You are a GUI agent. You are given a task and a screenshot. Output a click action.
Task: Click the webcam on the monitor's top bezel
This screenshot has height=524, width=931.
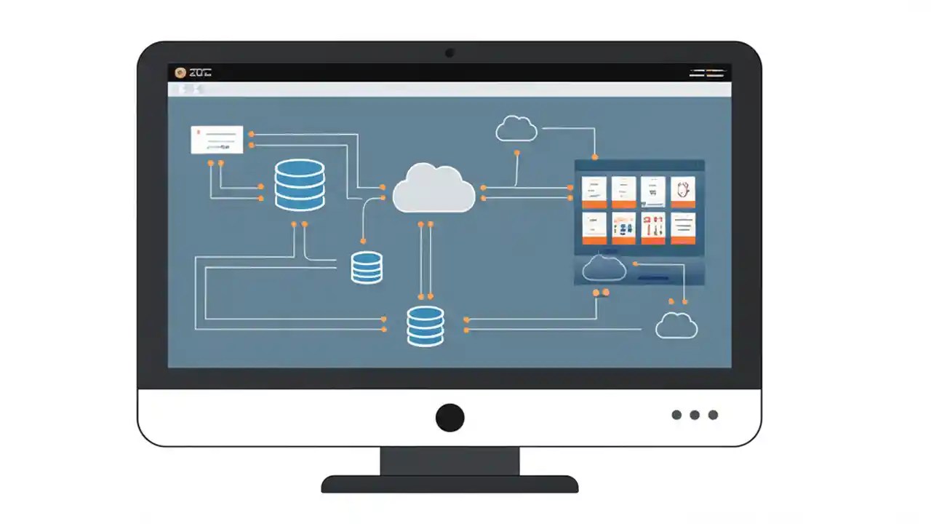[449, 52]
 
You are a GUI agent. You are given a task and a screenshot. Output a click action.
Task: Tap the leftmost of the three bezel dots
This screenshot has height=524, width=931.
[676, 415]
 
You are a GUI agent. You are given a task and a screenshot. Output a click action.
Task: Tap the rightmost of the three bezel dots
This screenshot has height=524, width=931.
[713, 415]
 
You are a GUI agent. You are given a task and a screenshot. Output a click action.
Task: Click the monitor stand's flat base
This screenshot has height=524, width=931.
[449, 484]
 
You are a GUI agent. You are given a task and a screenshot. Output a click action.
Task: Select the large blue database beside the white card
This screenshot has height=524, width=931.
[300, 185]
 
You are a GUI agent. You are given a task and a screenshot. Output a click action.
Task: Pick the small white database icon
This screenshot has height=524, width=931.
[367, 267]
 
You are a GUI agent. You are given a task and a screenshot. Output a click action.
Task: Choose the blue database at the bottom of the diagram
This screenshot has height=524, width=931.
[425, 325]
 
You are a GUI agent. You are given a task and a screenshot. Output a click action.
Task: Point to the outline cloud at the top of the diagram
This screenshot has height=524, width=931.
[516, 129]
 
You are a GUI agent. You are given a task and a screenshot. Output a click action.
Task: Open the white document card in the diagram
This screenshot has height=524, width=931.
[217, 140]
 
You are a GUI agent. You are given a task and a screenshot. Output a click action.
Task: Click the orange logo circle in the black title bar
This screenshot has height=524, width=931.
[180, 73]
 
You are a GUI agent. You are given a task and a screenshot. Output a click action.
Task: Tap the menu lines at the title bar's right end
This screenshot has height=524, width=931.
[707, 73]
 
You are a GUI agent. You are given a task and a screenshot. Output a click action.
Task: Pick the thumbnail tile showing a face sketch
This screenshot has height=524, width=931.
[682, 191]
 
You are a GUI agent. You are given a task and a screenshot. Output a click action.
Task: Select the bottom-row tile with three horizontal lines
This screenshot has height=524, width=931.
[682, 228]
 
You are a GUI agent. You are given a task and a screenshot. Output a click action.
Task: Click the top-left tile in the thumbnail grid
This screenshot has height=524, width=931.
[594, 191]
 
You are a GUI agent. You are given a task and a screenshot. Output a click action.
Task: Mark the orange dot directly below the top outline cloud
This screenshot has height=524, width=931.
[517, 153]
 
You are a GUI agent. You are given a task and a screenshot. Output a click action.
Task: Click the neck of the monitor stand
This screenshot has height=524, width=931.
[449, 461]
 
